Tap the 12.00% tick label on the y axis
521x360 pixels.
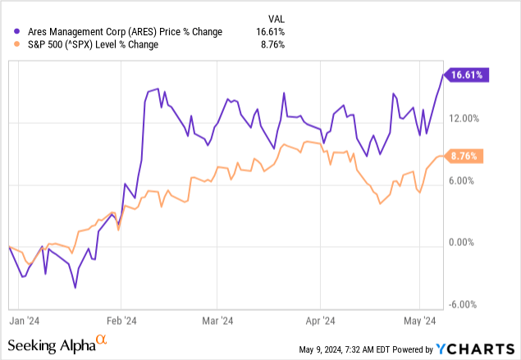pyautogui.click(x=464, y=119)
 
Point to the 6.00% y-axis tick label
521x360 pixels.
pyautogui.click(x=467, y=181)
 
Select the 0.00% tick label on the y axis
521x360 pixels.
pyautogui.click(x=467, y=243)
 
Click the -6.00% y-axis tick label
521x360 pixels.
pyautogui.click(x=465, y=304)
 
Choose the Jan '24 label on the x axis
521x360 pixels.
pyautogui.click(x=21, y=321)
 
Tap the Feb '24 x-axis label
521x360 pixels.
pyautogui.click(x=121, y=321)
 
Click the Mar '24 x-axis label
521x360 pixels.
pyautogui.click(x=217, y=321)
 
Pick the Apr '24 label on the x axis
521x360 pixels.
pyautogui.click(x=320, y=321)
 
